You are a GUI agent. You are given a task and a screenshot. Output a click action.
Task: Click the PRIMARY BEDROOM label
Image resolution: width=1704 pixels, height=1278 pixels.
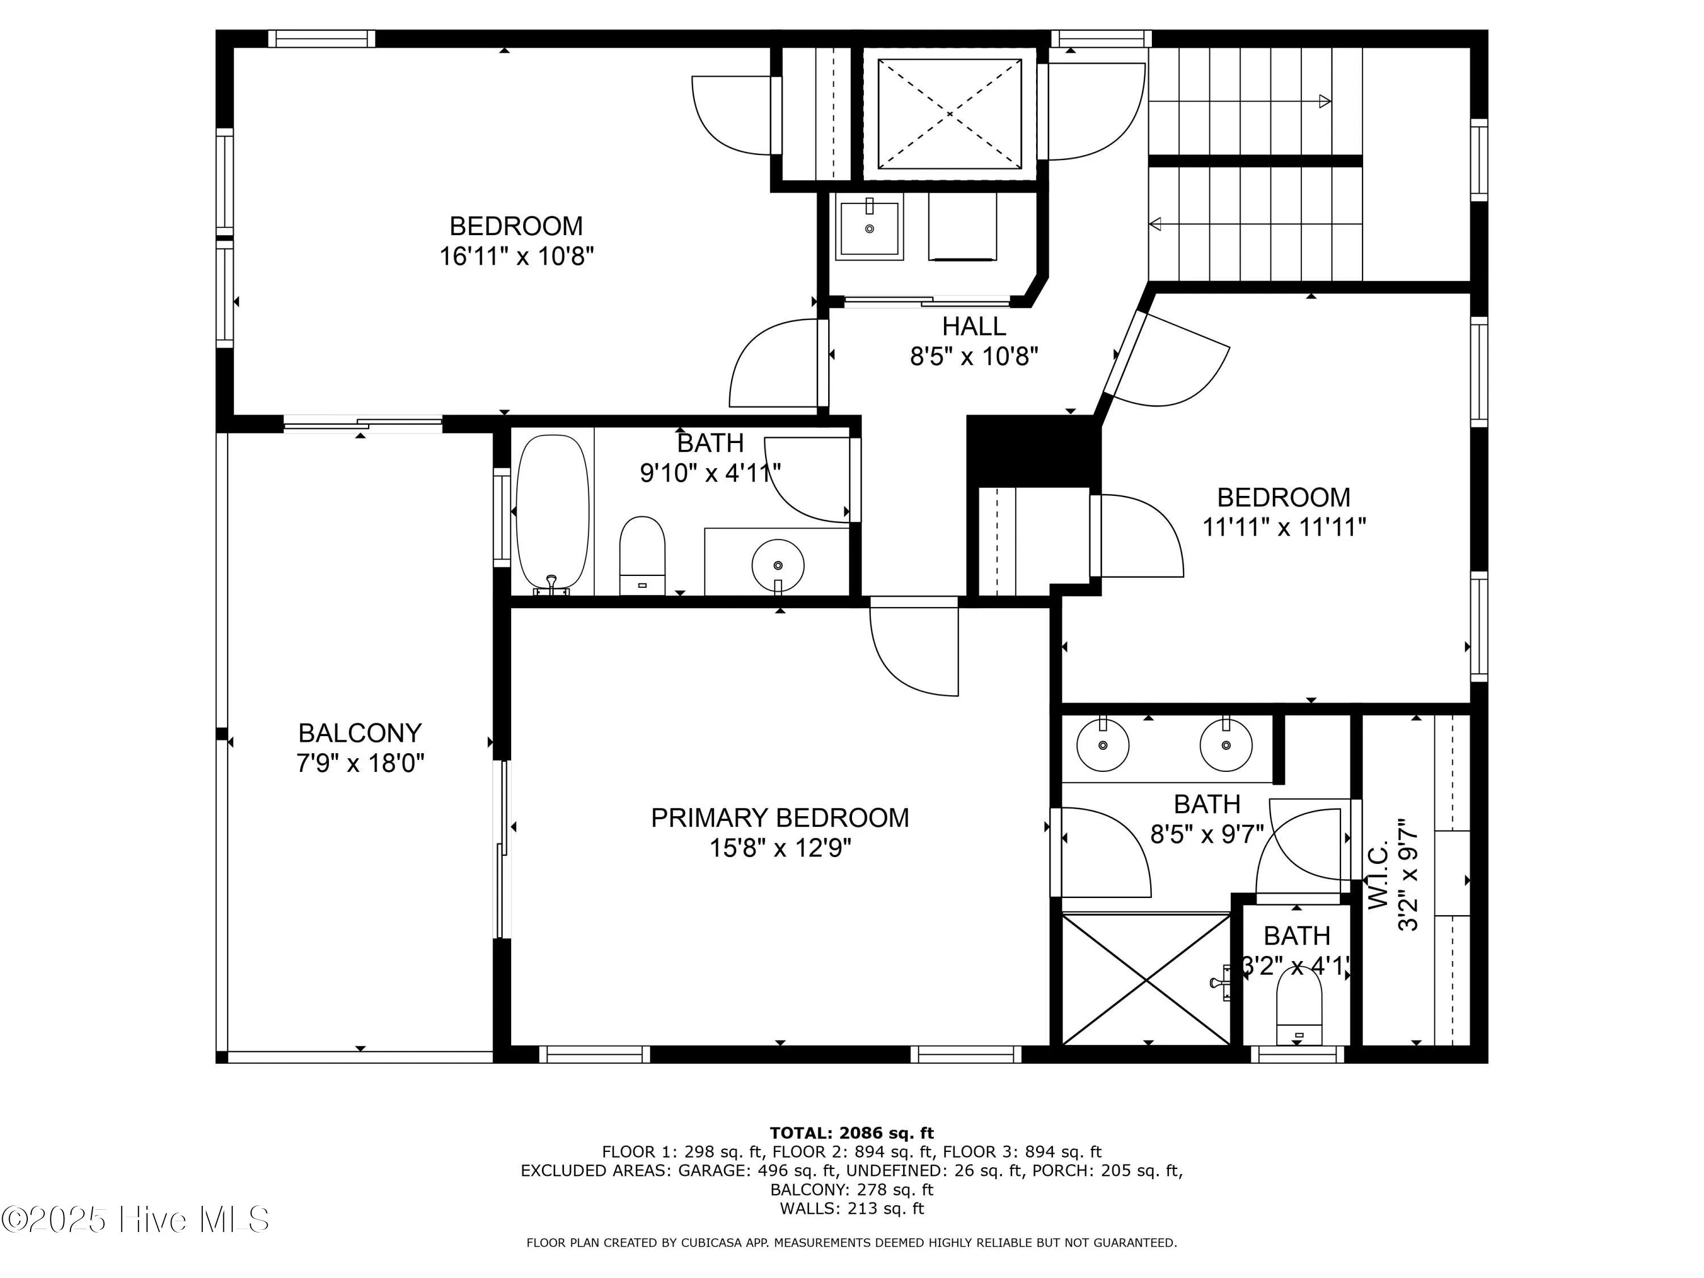click(x=780, y=817)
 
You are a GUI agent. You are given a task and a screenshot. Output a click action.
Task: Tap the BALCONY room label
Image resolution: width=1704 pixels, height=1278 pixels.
click(x=360, y=733)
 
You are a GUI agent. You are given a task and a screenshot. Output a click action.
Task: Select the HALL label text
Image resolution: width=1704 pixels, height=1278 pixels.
click(x=974, y=327)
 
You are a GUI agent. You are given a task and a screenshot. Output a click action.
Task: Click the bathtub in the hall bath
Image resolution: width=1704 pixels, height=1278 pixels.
click(x=552, y=514)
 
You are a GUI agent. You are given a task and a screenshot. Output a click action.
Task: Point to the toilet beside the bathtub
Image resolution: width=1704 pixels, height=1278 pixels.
click(x=642, y=554)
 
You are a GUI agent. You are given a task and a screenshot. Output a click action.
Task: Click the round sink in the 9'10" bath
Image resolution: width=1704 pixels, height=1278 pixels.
click(x=778, y=565)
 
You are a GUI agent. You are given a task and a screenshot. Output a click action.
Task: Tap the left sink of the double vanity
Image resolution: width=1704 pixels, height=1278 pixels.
click(x=1103, y=744)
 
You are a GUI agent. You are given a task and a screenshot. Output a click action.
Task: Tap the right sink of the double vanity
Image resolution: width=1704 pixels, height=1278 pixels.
click(x=1226, y=744)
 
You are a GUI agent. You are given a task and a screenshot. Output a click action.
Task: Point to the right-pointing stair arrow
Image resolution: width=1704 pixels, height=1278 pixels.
click(x=1324, y=101)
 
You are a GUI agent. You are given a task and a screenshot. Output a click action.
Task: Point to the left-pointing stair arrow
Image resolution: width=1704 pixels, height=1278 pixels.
click(x=1155, y=224)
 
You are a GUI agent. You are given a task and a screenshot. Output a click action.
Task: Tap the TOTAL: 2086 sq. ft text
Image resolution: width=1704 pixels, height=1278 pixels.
click(x=851, y=1133)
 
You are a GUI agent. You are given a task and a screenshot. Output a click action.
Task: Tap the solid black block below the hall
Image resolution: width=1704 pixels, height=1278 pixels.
click(x=1031, y=450)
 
